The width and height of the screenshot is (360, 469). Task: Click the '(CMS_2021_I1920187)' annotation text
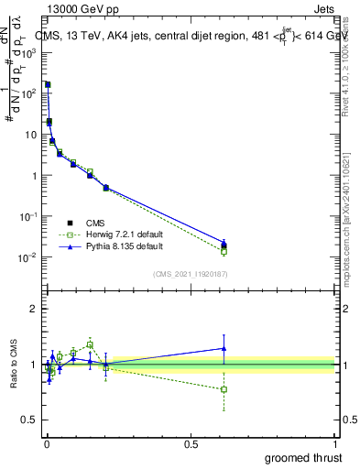click(x=190, y=274)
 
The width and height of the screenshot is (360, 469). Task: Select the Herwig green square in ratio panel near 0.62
click(x=224, y=389)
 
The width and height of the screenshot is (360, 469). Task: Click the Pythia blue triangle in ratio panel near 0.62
click(x=224, y=348)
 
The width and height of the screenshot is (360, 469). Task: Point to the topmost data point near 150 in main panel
click(x=47, y=84)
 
